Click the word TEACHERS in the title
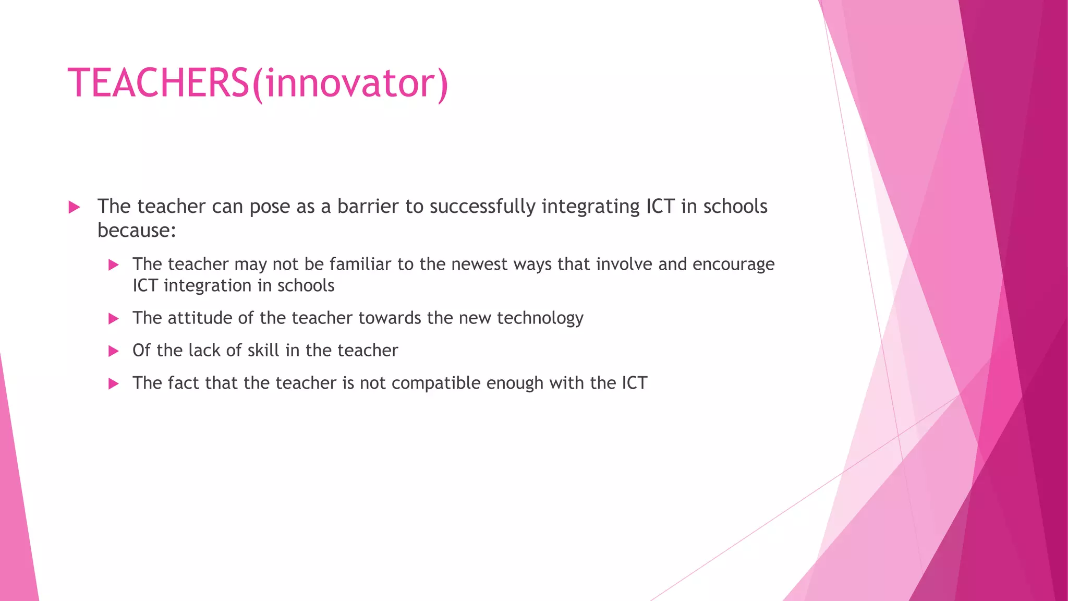point(159,83)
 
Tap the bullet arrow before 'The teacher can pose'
point(74,207)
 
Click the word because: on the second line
point(137,230)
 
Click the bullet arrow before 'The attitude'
point(113,319)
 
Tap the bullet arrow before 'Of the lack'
point(113,351)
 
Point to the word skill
point(263,350)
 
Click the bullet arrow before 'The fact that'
point(113,384)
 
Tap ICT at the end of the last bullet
point(634,383)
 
